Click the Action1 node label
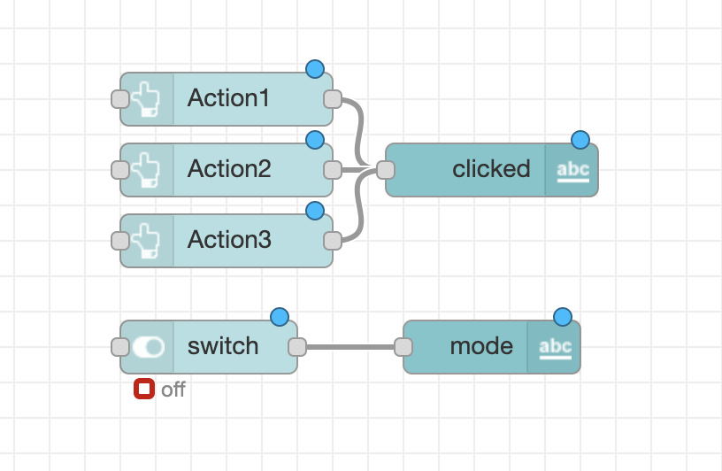pyautogui.click(x=228, y=98)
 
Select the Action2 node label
pyautogui.click(x=229, y=169)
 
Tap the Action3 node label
pyautogui.click(x=229, y=240)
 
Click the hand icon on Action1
pyautogui.click(x=147, y=98)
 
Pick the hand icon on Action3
pyautogui.click(x=147, y=240)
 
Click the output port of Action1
pyautogui.click(x=333, y=98)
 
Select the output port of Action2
pyautogui.click(x=333, y=169)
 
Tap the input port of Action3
pyautogui.click(x=120, y=240)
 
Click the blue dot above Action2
pyautogui.click(x=314, y=140)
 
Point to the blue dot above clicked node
pyautogui.click(x=580, y=140)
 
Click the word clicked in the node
pyautogui.click(x=491, y=169)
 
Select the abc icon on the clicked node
pyautogui.click(x=572, y=169)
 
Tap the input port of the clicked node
pyautogui.click(x=386, y=169)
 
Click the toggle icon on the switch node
pyautogui.click(x=148, y=346)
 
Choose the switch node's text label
pyautogui.click(x=223, y=346)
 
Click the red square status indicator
pyautogui.click(x=144, y=389)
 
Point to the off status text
pyautogui.click(x=173, y=390)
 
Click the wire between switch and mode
pyautogui.click(x=349, y=346)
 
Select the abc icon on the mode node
pyautogui.click(x=555, y=346)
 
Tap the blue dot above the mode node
pyautogui.click(x=563, y=317)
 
